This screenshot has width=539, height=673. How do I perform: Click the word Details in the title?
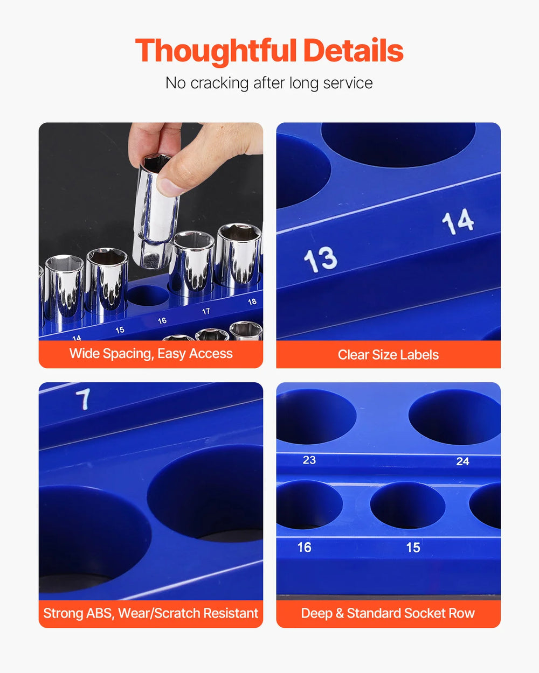tap(353, 51)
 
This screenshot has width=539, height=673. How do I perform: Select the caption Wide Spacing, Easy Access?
tap(151, 354)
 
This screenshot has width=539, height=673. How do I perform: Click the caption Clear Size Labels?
tap(389, 355)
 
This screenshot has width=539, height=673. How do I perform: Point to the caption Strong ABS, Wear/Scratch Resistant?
tap(151, 613)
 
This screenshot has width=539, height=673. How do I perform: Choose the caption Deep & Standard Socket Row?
tap(388, 613)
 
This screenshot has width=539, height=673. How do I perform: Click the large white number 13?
tap(321, 260)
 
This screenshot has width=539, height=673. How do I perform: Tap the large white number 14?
tap(458, 221)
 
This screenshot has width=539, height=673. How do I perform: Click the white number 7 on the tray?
tap(84, 399)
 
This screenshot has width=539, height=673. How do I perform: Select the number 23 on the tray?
tap(309, 460)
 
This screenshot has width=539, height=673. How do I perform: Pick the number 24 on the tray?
tap(463, 461)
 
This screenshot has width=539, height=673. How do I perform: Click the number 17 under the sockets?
tap(206, 311)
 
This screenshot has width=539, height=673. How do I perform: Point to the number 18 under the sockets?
tap(252, 302)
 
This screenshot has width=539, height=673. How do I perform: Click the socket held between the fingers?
tap(156, 212)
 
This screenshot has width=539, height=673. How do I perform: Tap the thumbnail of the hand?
tap(169, 187)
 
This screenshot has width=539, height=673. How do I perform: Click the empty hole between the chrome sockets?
tap(148, 296)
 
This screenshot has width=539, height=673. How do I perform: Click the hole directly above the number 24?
tap(455, 417)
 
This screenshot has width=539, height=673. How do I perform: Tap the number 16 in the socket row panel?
tap(305, 547)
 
